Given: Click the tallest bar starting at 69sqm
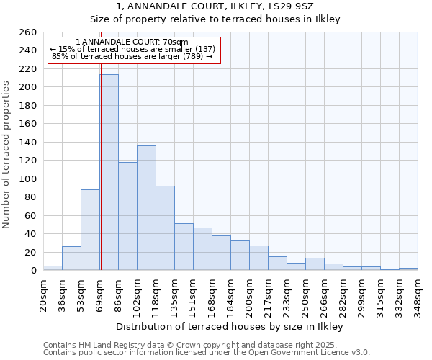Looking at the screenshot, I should coord(109,173).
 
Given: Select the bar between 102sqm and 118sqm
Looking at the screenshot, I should coord(146,208).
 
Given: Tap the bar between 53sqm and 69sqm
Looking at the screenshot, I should coord(90,230).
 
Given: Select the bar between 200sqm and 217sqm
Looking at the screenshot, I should coord(258,258).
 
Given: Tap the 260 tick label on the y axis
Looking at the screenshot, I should coord(28,32).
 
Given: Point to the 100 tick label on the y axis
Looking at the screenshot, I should coord(28,179).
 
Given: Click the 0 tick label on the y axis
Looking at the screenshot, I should coord(33,271).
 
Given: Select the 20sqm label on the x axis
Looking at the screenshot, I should coord(44,293).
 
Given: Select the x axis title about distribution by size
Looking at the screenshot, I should coord(230,327).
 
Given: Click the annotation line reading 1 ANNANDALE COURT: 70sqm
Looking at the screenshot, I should coord(132,42).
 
